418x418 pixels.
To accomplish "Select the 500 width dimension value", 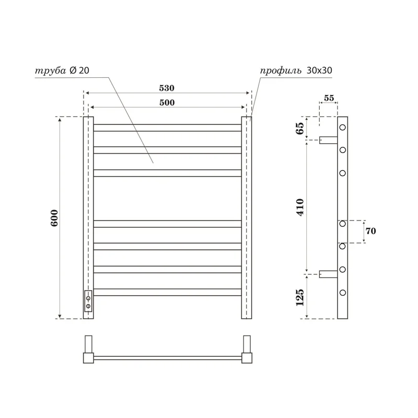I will coord(167,103).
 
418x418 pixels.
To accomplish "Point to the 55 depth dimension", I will coord(329,98).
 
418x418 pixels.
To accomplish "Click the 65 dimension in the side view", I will coord(300,129).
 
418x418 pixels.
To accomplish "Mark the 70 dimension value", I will coord(371,230).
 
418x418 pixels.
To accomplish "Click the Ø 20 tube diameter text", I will coord(79,71).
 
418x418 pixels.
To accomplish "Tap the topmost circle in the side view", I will coord(343,127).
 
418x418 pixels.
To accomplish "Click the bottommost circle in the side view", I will coord(343,292).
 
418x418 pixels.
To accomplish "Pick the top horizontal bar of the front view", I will coord(167,127).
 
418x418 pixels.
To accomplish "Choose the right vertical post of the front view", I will coord(247,217).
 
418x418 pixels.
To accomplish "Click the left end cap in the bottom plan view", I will coord(88,358).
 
